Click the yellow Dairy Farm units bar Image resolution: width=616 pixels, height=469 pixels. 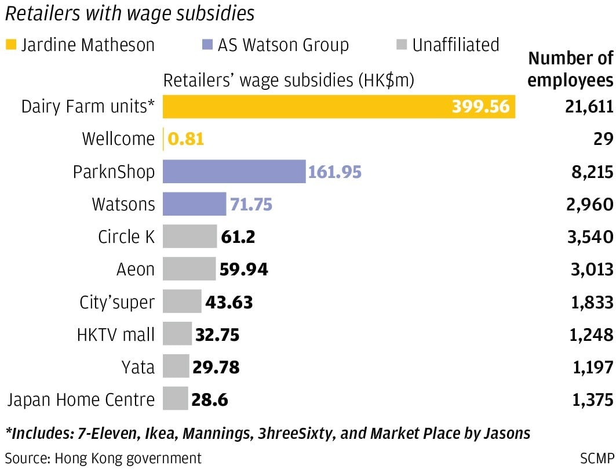[x=339, y=107]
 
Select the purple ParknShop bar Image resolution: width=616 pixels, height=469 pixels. [x=234, y=172]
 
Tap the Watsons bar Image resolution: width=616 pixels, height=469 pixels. [x=194, y=204]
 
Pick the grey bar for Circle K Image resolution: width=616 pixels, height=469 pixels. [x=189, y=237]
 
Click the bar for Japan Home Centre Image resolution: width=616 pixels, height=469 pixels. [x=176, y=399]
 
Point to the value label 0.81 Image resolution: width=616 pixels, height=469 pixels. [x=186, y=139]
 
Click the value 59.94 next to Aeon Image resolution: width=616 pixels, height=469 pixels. [x=243, y=269]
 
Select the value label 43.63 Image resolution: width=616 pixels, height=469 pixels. [x=229, y=302]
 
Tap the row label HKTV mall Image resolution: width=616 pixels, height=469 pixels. [x=116, y=335]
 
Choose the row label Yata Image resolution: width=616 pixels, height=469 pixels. [x=138, y=367]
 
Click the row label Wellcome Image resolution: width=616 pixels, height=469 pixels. [x=118, y=139]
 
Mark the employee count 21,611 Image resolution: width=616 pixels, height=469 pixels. [x=587, y=107]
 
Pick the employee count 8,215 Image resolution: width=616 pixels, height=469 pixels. [x=591, y=172]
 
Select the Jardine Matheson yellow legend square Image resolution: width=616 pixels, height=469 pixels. [x=11, y=45]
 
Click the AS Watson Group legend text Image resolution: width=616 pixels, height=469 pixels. [x=283, y=45]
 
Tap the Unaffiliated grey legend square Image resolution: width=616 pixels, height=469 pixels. [x=402, y=45]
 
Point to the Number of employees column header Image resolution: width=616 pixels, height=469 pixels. [x=570, y=69]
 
